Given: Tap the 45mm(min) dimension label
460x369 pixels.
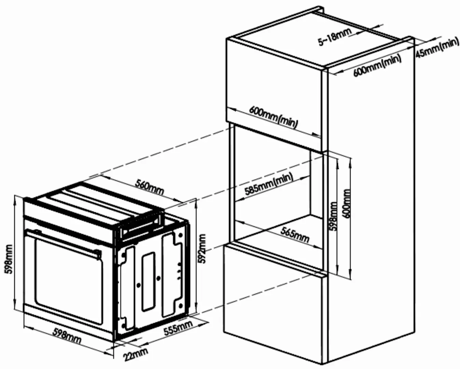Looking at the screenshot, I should pos(437,48).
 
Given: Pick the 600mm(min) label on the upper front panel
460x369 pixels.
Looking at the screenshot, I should pos(273,116).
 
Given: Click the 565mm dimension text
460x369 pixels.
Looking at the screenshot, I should pos(295,234).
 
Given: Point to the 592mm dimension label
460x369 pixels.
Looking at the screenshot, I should pos(202,248).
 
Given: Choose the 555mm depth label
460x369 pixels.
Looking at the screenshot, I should pos(178,328).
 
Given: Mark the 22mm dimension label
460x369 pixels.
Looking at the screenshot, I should pos(136,354).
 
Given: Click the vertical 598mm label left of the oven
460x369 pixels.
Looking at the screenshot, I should pos(9,259).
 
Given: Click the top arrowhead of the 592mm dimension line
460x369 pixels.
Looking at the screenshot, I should pos(196,201).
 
